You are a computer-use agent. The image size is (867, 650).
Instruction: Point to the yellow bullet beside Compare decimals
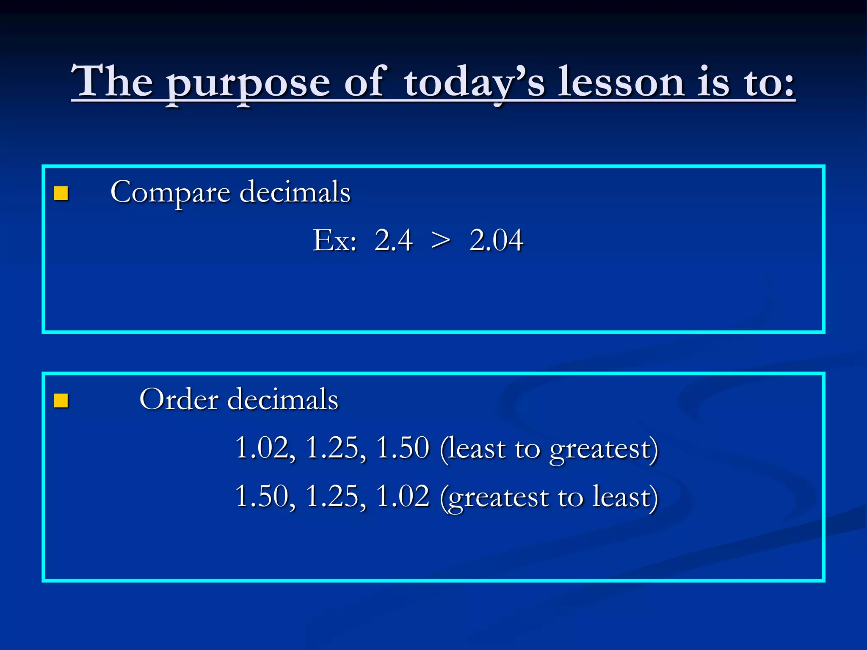pos(61,193)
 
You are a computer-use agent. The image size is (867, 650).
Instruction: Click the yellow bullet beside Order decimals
pos(61,400)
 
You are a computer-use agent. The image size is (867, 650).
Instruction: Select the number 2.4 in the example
pos(393,240)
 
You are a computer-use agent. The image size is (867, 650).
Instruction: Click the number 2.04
pos(496,240)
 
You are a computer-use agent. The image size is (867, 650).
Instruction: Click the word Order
pos(179,399)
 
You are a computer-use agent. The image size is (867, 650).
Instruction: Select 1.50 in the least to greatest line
pos(403,448)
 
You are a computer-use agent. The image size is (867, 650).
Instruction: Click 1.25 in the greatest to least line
pos(334,496)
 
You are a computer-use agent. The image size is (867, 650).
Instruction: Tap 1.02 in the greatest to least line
pos(403,496)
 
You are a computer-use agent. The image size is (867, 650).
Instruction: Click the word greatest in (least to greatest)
pos(601,450)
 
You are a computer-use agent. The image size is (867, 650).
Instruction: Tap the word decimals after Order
pos(283,399)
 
